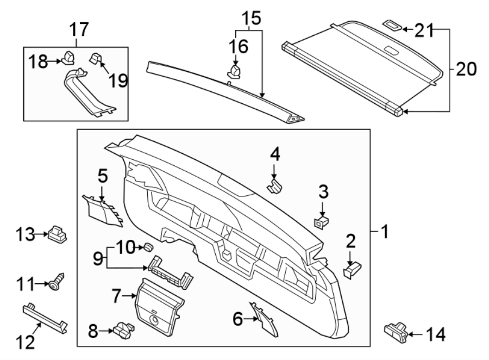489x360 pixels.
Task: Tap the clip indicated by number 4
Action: click(275, 187)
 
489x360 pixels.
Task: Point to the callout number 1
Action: click(384, 232)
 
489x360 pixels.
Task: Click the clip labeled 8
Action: click(123, 329)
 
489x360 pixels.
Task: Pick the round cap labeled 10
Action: click(146, 247)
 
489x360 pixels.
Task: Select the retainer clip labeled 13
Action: click(58, 234)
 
